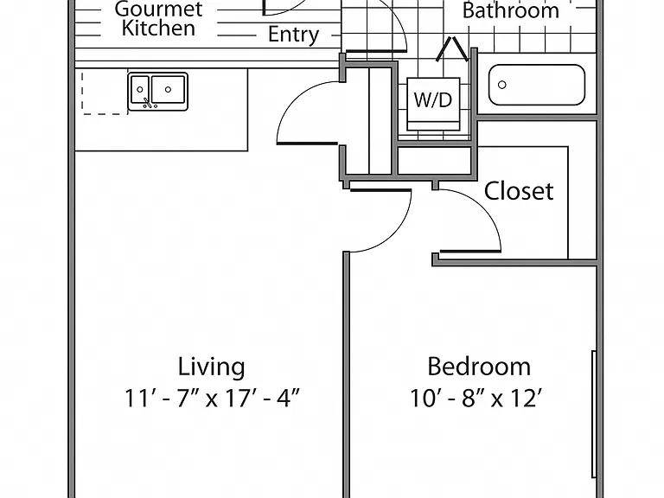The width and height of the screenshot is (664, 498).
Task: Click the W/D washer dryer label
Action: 433,100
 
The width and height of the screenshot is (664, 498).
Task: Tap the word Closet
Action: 519,191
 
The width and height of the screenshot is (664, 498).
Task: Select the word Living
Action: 211,367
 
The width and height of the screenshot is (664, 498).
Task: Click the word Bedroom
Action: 478,367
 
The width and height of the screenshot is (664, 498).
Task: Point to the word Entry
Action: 293,35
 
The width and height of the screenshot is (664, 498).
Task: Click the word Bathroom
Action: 511,10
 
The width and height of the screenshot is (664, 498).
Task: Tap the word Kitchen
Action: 158,29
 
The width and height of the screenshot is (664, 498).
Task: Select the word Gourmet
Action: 158,9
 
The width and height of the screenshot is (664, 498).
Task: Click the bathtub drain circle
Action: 501,85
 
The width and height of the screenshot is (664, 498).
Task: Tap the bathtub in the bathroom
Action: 537,85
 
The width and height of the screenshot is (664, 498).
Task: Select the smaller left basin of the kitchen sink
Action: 140,89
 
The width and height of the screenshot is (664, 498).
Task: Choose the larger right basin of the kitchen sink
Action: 168,89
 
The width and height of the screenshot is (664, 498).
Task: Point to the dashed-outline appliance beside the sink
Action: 105,93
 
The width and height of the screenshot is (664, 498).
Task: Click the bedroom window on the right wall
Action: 594,414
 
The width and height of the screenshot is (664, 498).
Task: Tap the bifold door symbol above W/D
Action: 452,48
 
